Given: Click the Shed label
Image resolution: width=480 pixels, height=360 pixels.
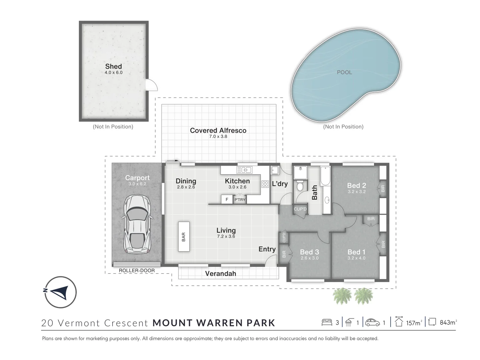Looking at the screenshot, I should point(113,66).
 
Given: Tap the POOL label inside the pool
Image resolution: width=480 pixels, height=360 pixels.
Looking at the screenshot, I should point(344,72).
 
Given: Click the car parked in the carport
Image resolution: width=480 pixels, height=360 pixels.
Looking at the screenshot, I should point(137,224).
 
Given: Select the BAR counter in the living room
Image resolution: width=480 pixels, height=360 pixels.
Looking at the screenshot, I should point(184,237).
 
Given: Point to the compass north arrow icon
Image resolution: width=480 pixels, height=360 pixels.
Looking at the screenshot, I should point(61,292).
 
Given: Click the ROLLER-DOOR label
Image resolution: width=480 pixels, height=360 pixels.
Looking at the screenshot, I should point(137,271).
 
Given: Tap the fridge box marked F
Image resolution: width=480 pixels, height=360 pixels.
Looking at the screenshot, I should point(227,199).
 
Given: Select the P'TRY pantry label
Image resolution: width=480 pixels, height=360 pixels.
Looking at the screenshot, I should point(240,200).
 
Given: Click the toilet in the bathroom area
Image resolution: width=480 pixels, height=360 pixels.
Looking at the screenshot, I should point(300,185).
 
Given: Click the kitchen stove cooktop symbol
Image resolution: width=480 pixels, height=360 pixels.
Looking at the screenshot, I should point(265,184).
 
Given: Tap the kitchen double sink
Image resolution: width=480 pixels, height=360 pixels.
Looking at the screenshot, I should point(244,170).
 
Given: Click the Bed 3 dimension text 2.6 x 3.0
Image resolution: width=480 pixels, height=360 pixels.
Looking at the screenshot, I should point(309,258).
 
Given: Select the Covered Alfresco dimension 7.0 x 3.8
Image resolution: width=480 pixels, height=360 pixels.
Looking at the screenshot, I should point(218,136).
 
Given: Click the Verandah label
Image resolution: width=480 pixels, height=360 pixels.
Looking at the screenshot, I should point(220,274).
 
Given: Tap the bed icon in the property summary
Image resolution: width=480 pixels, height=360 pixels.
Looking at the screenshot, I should point(327,322).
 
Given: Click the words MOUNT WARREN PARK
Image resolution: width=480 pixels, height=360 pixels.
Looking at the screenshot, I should point(214,323).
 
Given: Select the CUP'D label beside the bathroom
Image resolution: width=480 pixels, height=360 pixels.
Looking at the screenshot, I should point(300,209).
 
